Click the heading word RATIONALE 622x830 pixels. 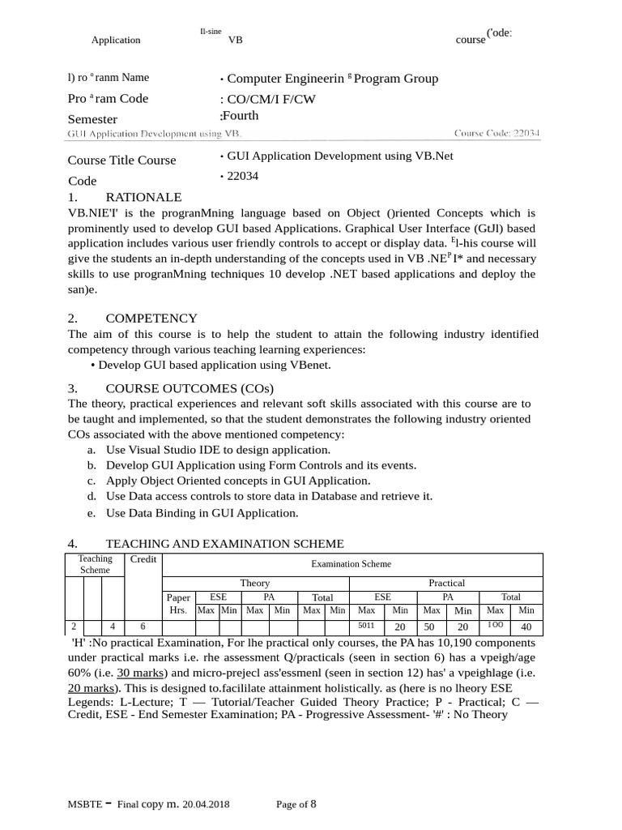pyautogui.click(x=143, y=198)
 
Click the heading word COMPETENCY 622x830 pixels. pyautogui.click(x=151, y=319)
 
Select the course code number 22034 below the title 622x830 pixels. pyautogui.click(x=243, y=176)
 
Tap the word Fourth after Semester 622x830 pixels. pyautogui.click(x=240, y=116)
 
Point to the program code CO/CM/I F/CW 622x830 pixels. pyautogui.click(x=272, y=99)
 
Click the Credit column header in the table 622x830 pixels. pyautogui.click(x=143, y=559)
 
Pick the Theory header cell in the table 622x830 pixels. pyautogui.click(x=255, y=583)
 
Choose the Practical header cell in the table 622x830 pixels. pyautogui.click(x=446, y=583)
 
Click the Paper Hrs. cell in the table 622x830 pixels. pyautogui.click(x=178, y=604)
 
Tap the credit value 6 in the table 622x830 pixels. pyautogui.click(x=143, y=627)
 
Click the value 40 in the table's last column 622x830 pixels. pyautogui.click(x=526, y=627)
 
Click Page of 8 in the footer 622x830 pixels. pyautogui.click(x=296, y=805)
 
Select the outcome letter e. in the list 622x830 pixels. pyautogui.click(x=92, y=513)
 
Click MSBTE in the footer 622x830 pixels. pyautogui.click(x=85, y=805)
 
